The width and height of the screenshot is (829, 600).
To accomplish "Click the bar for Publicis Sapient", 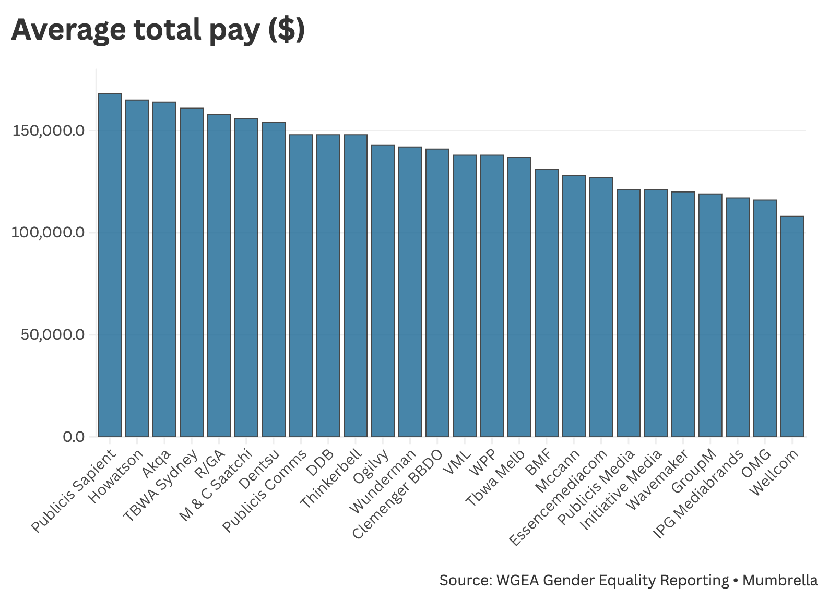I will tap(110, 265).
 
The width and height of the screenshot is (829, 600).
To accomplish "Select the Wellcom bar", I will tap(792, 326).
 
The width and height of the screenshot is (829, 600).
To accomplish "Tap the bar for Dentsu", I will tap(274, 279).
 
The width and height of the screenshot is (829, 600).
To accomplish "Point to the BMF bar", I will tap(546, 303).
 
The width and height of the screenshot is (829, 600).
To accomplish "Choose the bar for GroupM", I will tap(710, 315).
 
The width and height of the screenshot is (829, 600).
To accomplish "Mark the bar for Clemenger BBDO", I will tap(437, 293).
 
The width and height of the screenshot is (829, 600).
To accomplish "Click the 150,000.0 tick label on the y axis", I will tap(48, 130).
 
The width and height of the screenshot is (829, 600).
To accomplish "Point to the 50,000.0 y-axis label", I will tap(52, 334).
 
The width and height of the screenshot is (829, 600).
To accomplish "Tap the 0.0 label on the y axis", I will tap(73, 437).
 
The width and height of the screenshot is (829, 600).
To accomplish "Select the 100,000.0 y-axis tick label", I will tap(48, 232).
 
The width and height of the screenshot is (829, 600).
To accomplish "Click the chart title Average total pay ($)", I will tap(158, 30).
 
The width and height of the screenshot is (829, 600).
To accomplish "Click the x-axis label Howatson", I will tap(116, 476).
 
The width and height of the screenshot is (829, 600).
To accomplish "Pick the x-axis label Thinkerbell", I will tap(332, 479).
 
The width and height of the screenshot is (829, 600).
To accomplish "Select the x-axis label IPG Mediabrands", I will tap(698, 494).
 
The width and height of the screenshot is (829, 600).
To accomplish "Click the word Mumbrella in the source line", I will tap(780, 580).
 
